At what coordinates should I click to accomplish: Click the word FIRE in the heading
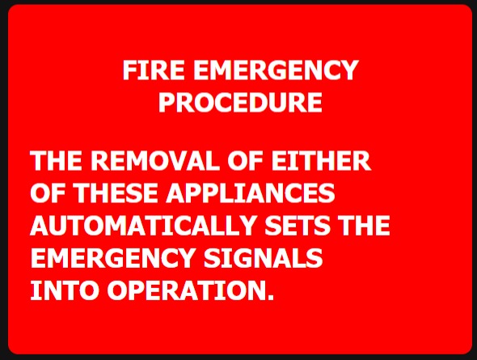(154, 70)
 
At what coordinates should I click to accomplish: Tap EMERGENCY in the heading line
(276, 70)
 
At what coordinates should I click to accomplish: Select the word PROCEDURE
(240, 102)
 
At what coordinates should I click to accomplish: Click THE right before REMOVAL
(56, 160)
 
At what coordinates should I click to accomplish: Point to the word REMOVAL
(155, 160)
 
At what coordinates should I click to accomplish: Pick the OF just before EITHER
(245, 160)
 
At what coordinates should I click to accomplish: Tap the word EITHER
(321, 160)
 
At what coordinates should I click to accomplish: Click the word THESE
(116, 193)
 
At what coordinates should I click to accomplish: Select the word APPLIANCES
(251, 193)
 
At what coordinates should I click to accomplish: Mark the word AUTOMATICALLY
(142, 225)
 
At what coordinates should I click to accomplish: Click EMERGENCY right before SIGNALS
(112, 258)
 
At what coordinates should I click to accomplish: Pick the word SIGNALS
(263, 258)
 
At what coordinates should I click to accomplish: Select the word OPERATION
(186, 290)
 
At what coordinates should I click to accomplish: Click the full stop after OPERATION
(271, 297)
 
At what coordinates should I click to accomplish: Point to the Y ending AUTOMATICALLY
(244, 225)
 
